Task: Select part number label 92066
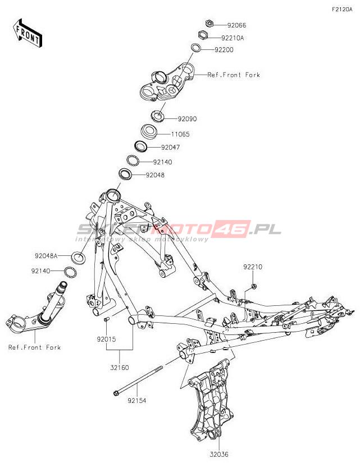(236, 25)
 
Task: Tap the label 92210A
(233, 38)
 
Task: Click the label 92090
(188, 119)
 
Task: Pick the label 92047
(170, 148)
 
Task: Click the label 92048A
(45, 256)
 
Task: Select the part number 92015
(106, 340)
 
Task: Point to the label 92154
(136, 401)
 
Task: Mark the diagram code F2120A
(341, 10)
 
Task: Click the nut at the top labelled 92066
(208, 24)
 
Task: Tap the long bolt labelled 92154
(138, 380)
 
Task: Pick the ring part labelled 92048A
(78, 258)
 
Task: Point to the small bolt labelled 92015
(106, 319)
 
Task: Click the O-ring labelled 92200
(195, 48)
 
